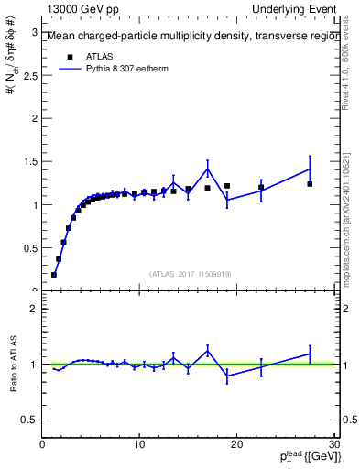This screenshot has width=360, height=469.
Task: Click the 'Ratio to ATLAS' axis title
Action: [x=11, y=365]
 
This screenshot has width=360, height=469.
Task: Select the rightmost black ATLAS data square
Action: [x=310, y=184]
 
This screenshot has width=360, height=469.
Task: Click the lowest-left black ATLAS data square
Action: [x=54, y=274]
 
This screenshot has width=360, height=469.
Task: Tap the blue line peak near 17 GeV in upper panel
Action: [x=208, y=169]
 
